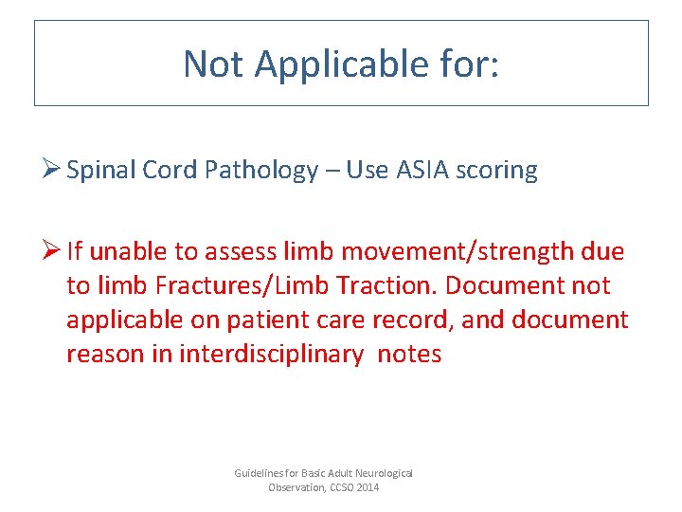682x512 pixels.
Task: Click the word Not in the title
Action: tap(214, 64)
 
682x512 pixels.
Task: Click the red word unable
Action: tap(124, 252)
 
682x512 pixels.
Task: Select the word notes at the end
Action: tap(409, 355)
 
